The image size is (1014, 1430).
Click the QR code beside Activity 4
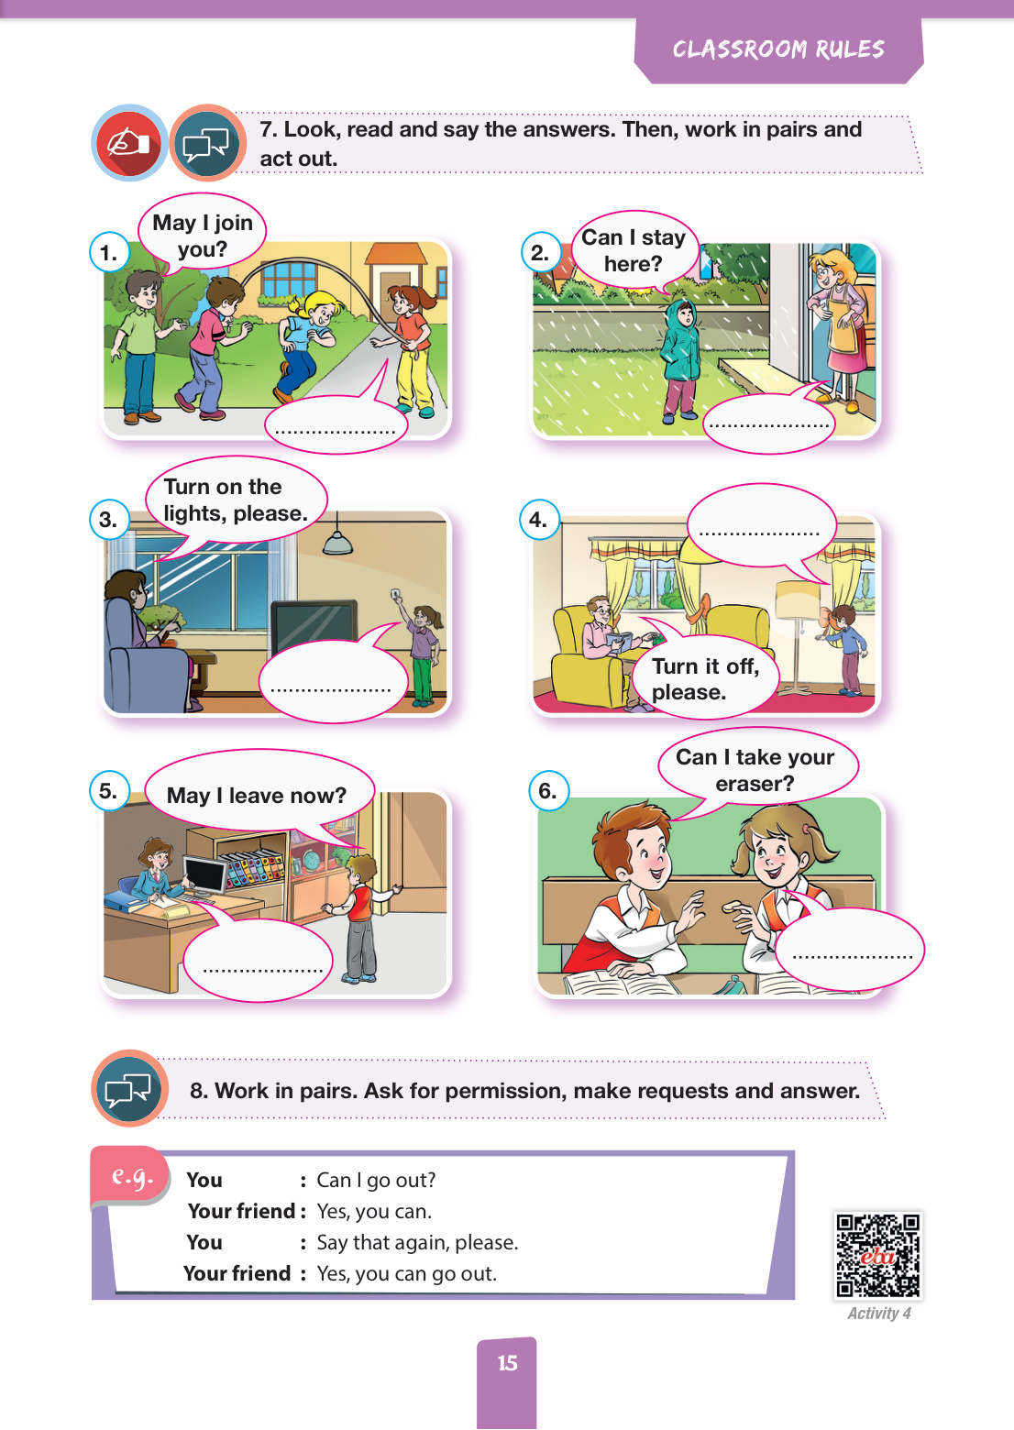[878, 1255]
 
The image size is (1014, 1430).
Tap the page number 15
[508, 1363]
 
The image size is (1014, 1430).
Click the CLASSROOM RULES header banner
[778, 49]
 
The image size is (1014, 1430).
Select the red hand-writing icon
[129, 142]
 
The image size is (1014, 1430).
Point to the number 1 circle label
[109, 252]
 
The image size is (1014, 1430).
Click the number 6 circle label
[548, 790]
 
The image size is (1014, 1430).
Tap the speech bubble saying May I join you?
[202, 235]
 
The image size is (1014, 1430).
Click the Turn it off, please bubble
[705, 678]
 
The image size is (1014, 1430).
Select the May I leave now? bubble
[259, 795]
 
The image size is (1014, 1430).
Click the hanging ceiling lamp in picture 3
[337, 542]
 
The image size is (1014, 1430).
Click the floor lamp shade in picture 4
[798, 599]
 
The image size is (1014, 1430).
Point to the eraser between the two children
[732, 906]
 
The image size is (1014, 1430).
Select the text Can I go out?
[376, 1180]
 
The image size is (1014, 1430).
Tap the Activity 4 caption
[878, 1314]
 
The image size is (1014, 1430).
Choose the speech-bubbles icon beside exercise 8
[129, 1088]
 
